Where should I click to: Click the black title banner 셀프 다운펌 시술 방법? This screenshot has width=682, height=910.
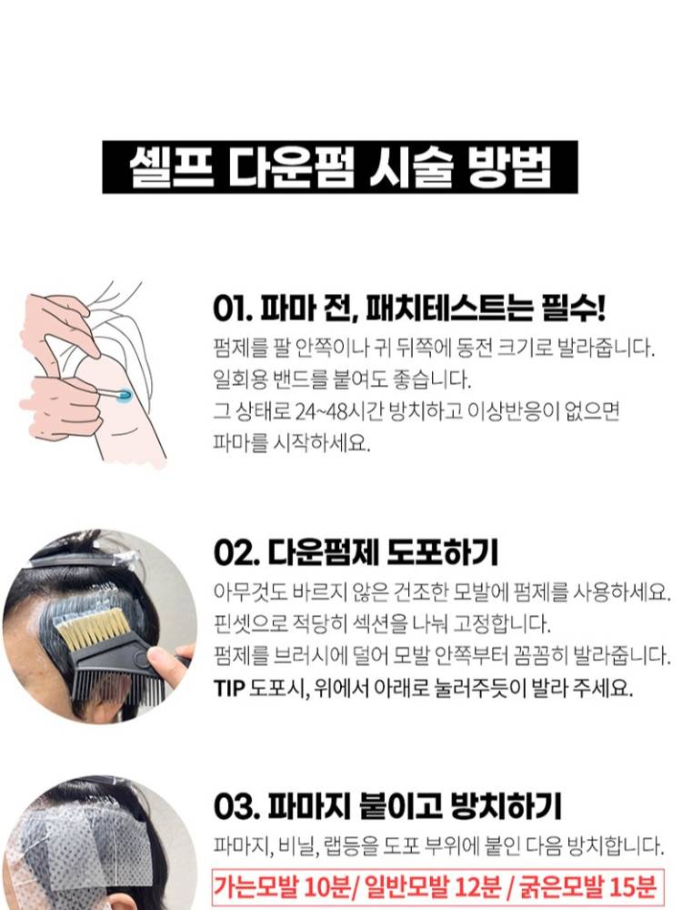[x=340, y=167]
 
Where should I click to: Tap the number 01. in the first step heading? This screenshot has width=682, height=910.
[x=233, y=308]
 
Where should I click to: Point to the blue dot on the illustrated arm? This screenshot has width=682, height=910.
[x=124, y=397]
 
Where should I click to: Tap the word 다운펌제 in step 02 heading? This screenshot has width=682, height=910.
[x=323, y=552]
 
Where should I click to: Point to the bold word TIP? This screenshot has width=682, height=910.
[x=229, y=688]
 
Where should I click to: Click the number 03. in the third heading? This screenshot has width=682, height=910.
[x=236, y=806]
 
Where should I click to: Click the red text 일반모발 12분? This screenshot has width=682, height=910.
[x=433, y=886]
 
